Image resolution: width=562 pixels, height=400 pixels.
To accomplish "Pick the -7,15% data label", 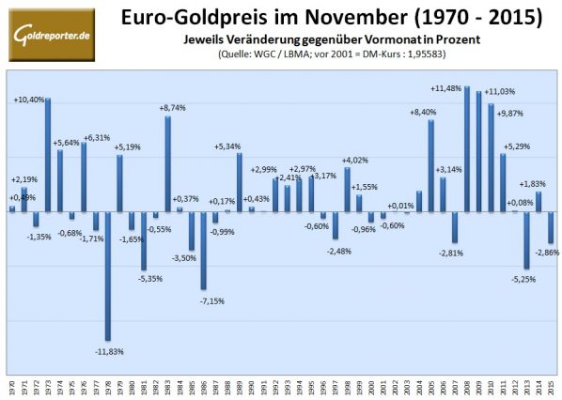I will pos(207,299).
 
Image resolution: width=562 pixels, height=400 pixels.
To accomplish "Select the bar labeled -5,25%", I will pos(526,239).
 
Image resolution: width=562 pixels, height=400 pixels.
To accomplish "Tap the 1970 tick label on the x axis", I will pos(12,386).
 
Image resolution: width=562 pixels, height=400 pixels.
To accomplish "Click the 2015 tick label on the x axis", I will pos(551,386).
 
